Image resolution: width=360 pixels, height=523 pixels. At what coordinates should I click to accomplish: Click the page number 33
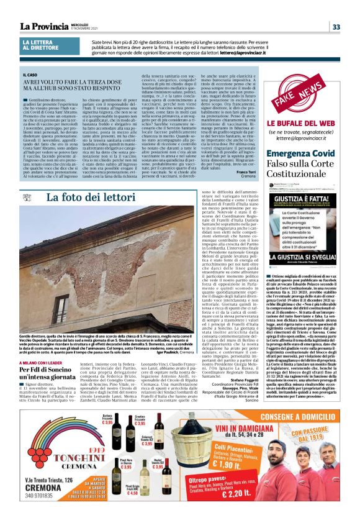coord(336,27)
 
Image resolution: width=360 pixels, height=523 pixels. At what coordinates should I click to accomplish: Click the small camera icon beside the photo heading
coord(26,216)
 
